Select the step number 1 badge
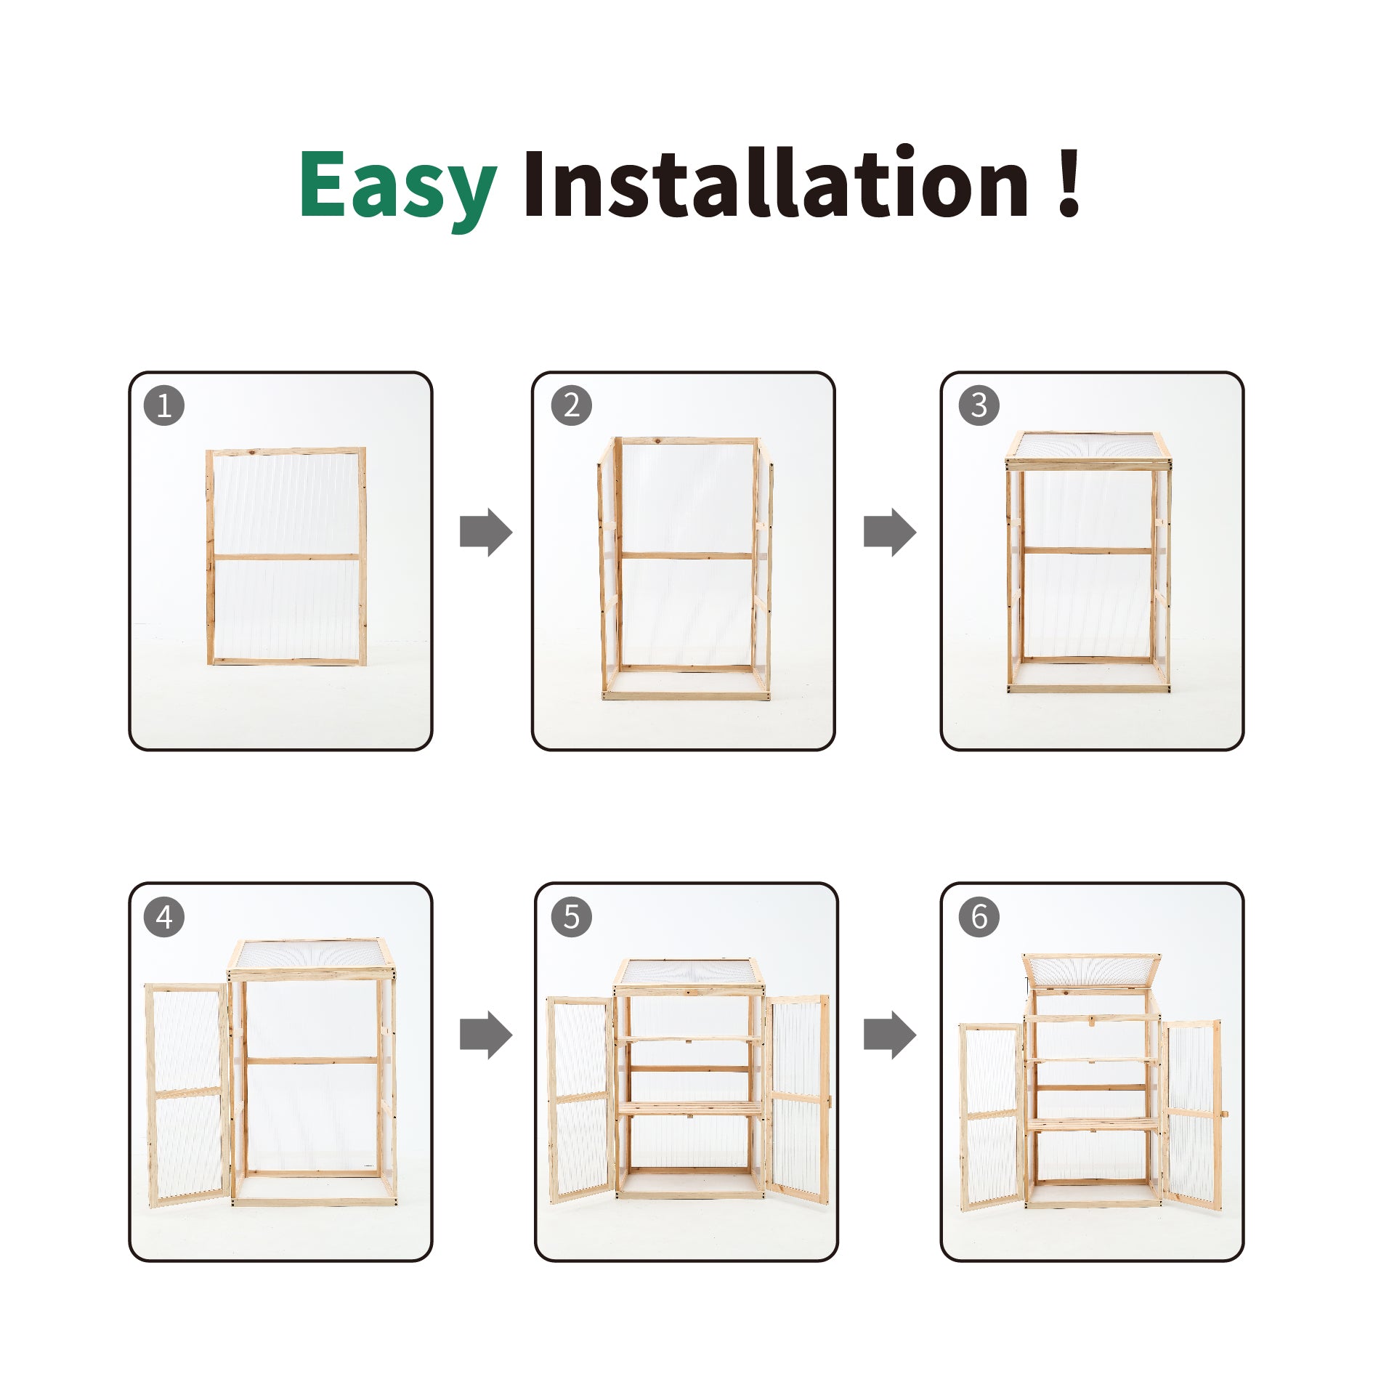(164, 405)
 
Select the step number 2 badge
(572, 405)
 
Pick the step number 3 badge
(979, 405)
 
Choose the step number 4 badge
(164, 917)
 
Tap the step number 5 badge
(572, 917)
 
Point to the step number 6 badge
(979, 917)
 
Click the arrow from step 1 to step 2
(486, 533)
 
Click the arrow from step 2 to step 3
(890, 533)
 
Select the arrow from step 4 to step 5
(486, 1035)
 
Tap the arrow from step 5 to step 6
(890, 1035)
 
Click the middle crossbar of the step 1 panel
(286, 557)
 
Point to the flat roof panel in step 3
(1088, 448)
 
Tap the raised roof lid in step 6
(1091, 971)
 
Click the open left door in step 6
(992, 1118)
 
